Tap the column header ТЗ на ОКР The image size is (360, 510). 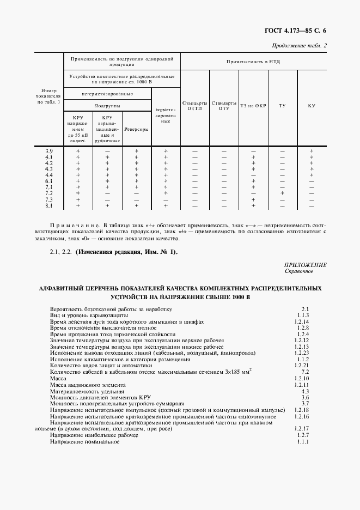[253, 105]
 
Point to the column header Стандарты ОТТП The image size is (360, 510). [194, 105]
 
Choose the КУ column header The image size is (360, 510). [311, 105]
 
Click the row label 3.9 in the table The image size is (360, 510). [49, 151]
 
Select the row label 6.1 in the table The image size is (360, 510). [49, 181]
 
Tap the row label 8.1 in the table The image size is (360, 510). [49, 205]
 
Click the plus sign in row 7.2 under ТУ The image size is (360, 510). [282, 193]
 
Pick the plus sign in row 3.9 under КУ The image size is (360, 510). [311, 151]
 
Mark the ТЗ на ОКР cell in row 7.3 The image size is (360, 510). [253, 199]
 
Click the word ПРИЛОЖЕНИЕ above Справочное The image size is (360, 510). [306, 265]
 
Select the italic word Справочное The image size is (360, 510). [298, 271]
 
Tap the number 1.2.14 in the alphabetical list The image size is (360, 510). [301, 321]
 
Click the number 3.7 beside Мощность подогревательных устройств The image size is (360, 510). [305, 404]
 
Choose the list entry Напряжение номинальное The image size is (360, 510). [84, 441]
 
